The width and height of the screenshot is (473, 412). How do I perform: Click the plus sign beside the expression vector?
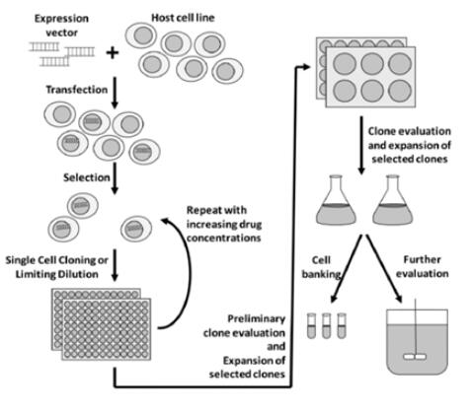(x=113, y=52)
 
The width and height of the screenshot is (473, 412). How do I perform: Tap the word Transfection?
(x=77, y=90)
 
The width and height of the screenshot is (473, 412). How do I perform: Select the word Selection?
(x=87, y=177)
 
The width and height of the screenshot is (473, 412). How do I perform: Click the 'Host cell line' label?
(x=183, y=18)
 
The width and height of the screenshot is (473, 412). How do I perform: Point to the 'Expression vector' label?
(x=61, y=26)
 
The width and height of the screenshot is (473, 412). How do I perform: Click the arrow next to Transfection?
(x=115, y=93)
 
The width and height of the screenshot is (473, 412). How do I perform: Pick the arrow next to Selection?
(x=115, y=178)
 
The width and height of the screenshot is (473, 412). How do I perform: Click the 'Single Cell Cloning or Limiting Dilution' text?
(x=56, y=267)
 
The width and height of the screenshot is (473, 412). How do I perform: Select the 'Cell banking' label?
(x=321, y=267)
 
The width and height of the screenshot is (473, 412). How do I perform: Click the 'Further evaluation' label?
(x=422, y=266)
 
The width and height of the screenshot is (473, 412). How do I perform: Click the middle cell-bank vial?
(x=326, y=325)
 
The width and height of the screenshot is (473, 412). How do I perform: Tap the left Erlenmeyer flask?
(x=336, y=200)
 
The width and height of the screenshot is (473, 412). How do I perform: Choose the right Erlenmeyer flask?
(x=392, y=200)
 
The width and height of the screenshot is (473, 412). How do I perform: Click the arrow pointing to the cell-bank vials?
(x=346, y=268)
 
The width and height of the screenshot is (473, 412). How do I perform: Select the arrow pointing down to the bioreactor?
(x=384, y=268)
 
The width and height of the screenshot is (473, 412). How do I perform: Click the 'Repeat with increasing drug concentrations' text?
(x=224, y=224)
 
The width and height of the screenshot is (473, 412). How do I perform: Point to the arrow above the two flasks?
(x=361, y=145)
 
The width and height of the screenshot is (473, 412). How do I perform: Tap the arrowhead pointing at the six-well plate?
(x=306, y=67)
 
